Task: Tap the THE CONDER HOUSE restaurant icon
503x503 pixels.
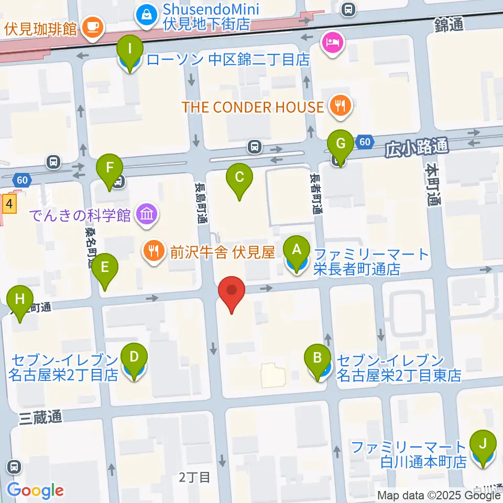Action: point(341,107)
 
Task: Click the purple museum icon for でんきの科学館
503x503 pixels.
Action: point(147,214)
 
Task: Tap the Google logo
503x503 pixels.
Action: point(35,490)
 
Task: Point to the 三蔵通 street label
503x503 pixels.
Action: point(41,417)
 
